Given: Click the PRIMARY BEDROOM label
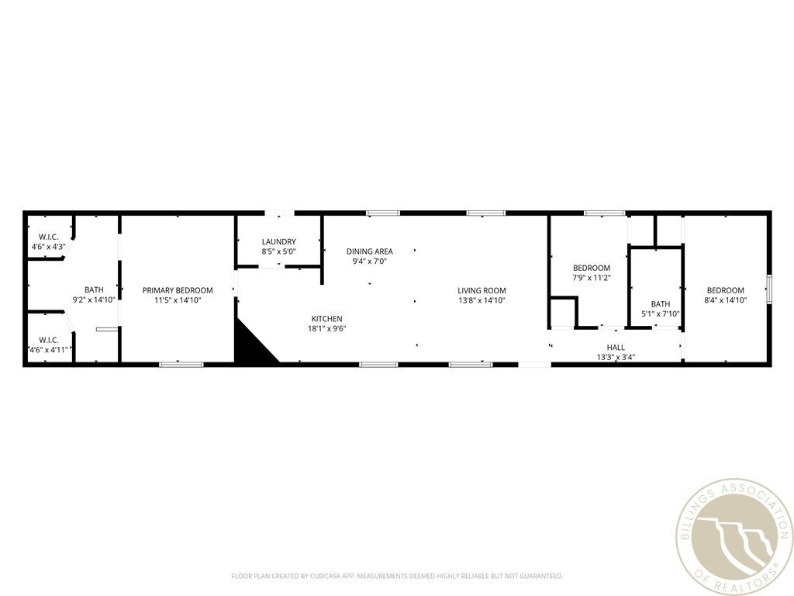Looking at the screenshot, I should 178,290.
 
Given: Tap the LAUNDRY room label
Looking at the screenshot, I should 278,241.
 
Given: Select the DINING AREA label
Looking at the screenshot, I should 369,251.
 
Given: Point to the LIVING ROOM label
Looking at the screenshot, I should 482,290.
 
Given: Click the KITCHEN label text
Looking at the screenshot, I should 326,319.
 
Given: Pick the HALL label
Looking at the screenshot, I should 616,348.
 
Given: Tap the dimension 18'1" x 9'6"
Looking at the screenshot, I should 326,328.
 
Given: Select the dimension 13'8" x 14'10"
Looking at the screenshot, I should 482,300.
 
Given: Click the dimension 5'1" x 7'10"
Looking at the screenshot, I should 661,314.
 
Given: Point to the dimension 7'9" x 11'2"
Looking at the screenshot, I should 592,277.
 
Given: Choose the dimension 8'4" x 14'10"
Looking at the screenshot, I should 725,300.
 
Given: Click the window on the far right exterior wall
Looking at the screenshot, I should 769,288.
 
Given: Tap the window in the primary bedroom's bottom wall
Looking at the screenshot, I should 181,363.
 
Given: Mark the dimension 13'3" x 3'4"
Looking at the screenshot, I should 616,357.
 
